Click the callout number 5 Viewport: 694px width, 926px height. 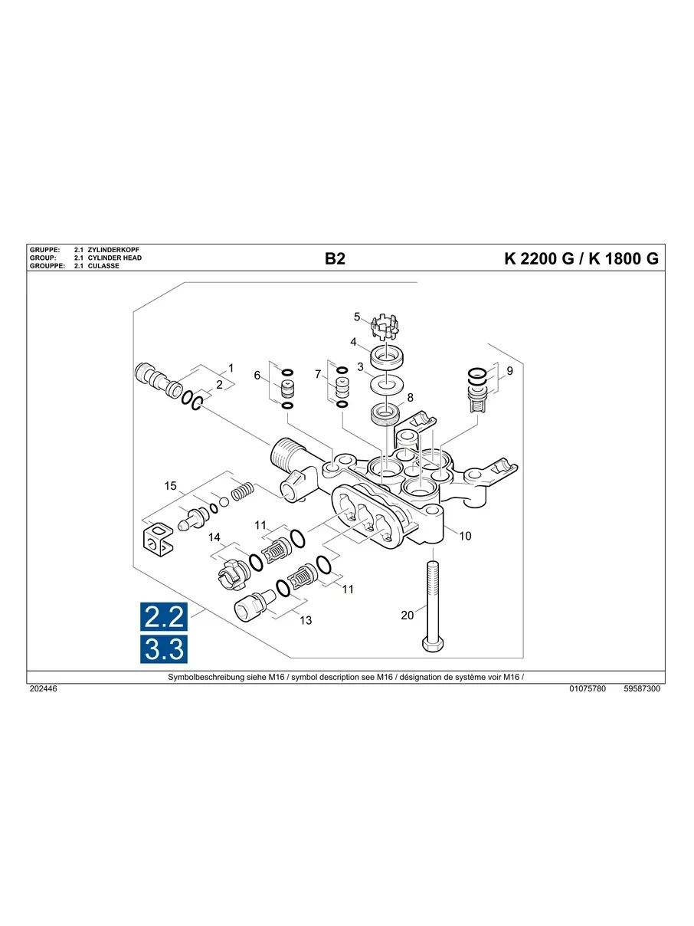coord(357,317)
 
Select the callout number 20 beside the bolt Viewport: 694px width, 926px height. coord(407,615)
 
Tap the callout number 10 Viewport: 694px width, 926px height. coord(465,536)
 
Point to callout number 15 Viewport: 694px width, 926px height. coord(171,486)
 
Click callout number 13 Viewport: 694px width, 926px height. coord(306,620)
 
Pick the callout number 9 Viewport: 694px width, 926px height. coord(509,371)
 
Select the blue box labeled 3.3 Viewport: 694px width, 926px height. coord(164,649)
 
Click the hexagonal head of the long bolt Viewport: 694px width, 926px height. coord(431,645)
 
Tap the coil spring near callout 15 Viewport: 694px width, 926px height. coord(242,491)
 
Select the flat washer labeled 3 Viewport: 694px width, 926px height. coord(388,383)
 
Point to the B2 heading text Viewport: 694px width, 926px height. coord(336,259)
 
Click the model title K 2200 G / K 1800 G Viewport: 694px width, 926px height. coord(581,259)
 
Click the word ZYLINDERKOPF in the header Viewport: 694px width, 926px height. coord(114,251)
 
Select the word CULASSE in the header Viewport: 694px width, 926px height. coord(103,266)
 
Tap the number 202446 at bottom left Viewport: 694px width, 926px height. coord(43,689)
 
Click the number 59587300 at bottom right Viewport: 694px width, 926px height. coord(642,689)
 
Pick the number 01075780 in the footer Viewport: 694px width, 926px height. coord(588,689)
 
